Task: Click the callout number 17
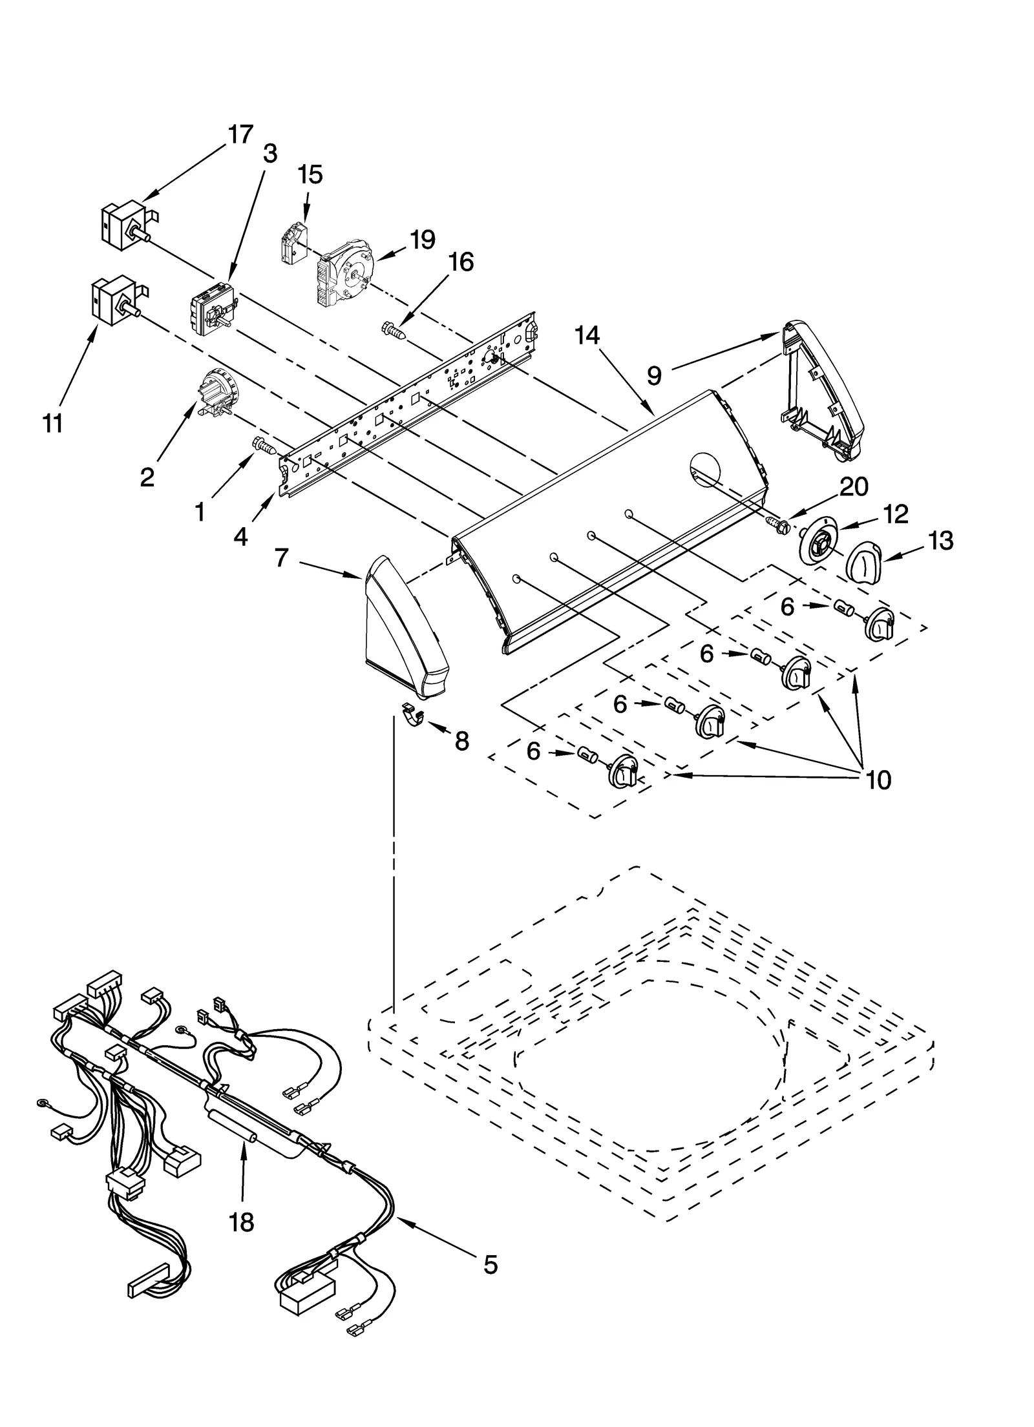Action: tap(240, 135)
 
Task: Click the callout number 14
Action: tap(587, 335)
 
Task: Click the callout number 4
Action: tap(240, 536)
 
